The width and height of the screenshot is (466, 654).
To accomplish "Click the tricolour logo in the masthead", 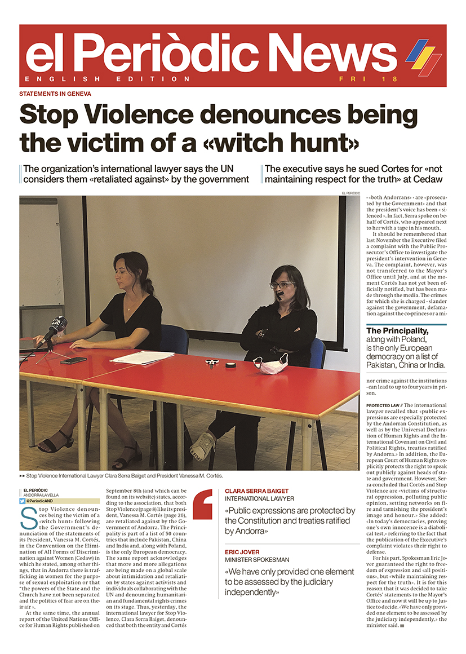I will (x=423, y=56).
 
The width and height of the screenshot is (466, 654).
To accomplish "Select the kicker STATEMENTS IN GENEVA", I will (x=55, y=94).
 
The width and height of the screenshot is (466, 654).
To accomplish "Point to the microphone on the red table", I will (x=56, y=328).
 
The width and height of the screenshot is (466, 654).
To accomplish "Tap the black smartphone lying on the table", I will (x=74, y=360).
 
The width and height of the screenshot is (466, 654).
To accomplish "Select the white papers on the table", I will (x=135, y=357).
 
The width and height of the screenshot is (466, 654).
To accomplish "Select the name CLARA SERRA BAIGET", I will (x=257, y=491).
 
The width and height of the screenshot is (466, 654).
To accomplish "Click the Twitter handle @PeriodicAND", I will (x=45, y=501).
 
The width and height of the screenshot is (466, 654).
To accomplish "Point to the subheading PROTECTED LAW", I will (x=384, y=405).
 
